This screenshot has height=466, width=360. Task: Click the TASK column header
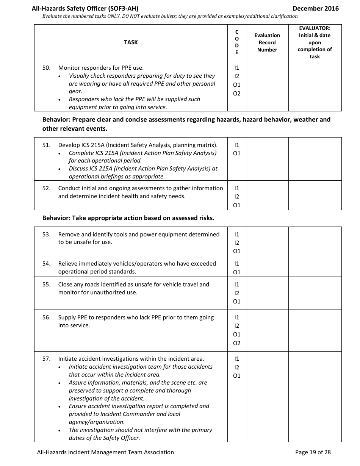[131, 42]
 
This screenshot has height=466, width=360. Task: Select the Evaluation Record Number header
[267, 42]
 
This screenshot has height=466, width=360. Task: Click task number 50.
[46, 68]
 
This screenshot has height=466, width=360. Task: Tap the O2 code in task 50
[237, 94]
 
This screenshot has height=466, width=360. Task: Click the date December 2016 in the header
[316, 8]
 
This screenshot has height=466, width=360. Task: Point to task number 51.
[46, 145]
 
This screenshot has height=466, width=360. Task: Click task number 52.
[46, 188]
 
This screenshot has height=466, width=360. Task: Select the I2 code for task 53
[237, 243]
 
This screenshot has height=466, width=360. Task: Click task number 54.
[46, 264]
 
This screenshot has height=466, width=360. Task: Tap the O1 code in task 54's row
[237, 272]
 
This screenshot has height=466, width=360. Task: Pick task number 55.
[46, 285]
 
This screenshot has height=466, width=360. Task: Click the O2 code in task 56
[237, 343]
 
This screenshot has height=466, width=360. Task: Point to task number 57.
[46, 359]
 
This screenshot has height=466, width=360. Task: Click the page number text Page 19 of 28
[313, 452]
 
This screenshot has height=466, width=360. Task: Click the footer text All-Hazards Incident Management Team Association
[105, 452]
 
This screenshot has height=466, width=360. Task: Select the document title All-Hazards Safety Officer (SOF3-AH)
[88, 8]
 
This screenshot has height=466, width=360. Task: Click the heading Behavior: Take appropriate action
[128, 218]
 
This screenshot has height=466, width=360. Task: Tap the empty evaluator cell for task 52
[315, 196]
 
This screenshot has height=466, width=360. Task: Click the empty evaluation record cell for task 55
[267, 293]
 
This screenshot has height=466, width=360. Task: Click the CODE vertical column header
[237, 42]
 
